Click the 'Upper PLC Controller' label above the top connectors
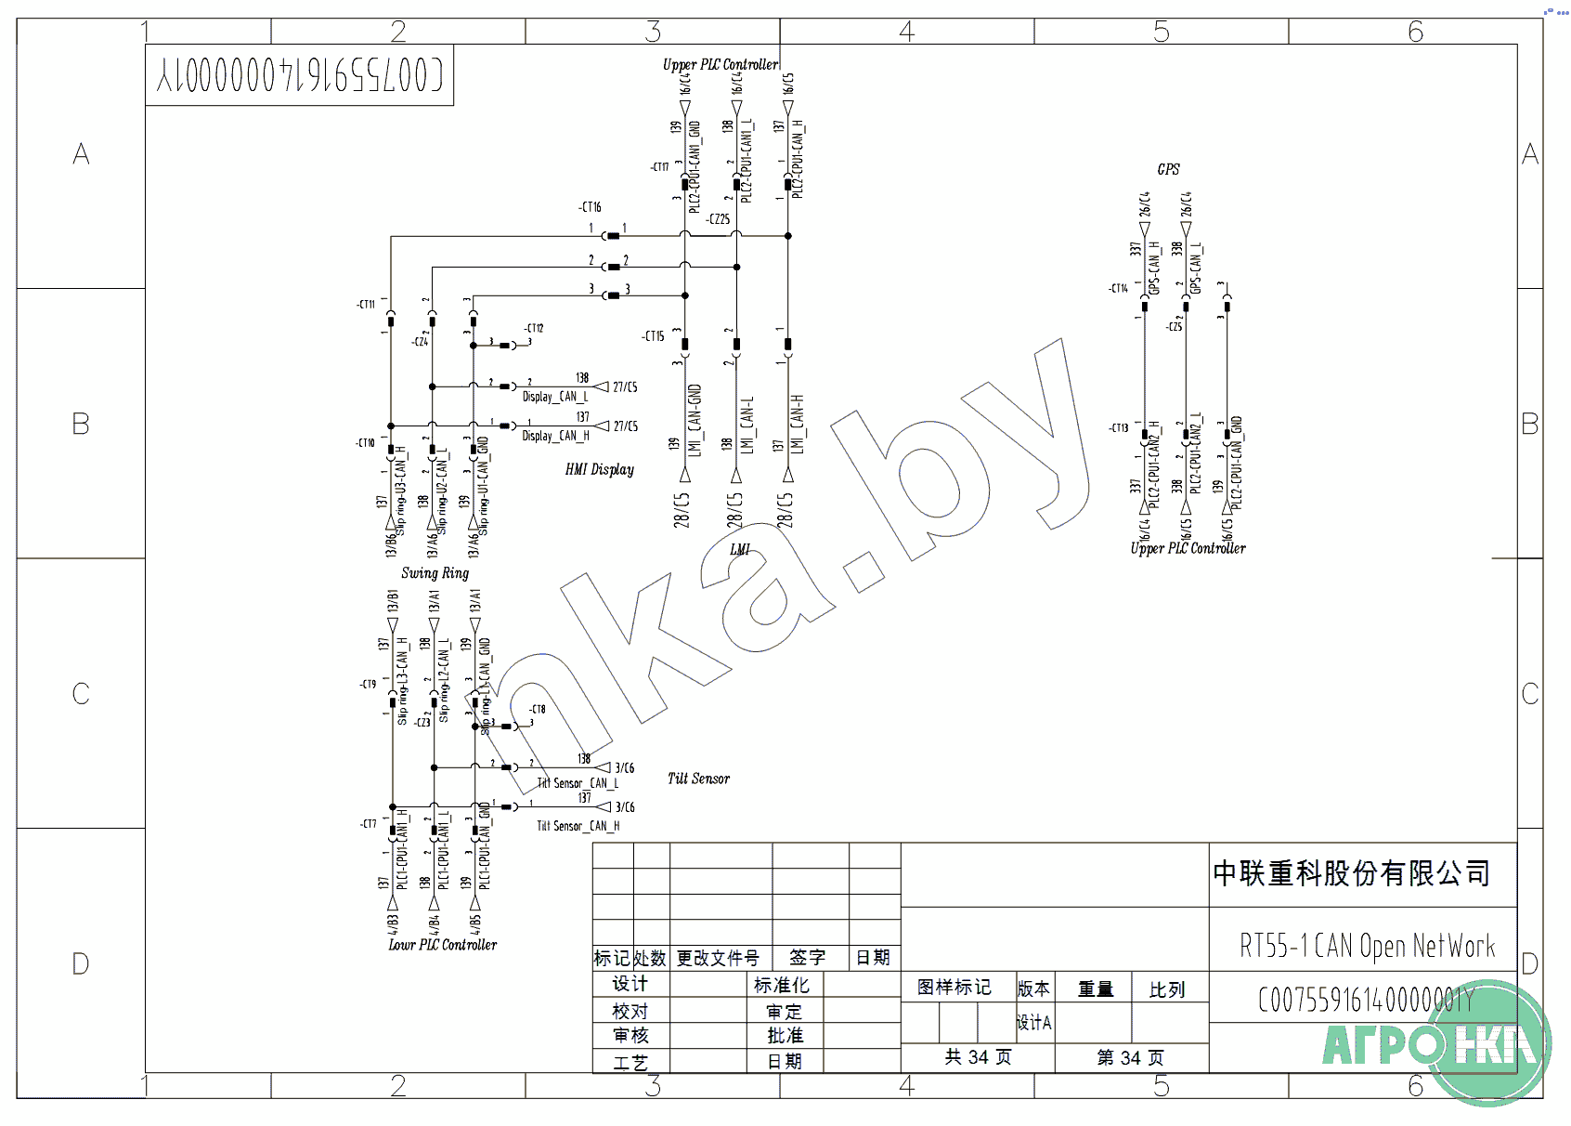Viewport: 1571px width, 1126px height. (x=720, y=64)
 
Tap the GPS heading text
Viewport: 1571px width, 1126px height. (x=1168, y=169)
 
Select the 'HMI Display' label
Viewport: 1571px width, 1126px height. (x=599, y=469)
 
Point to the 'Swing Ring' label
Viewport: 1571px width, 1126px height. (x=435, y=572)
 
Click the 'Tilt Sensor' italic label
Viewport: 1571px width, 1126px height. (x=698, y=779)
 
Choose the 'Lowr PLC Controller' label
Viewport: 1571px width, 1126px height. (x=442, y=945)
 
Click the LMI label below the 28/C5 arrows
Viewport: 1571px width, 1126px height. (x=739, y=549)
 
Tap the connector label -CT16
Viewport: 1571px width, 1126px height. (x=590, y=207)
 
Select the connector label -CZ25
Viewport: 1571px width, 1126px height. (x=718, y=219)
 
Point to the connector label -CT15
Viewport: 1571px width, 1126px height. (x=653, y=336)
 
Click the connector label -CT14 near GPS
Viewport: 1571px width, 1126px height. (x=1118, y=289)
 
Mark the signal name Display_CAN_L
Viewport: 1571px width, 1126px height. (x=555, y=397)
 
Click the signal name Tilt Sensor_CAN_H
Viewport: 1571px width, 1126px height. (x=578, y=826)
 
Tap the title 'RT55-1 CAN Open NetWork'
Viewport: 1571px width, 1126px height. (x=1367, y=946)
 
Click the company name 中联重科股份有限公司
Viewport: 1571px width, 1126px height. (x=1351, y=873)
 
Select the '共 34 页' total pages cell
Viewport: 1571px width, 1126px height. (x=978, y=1057)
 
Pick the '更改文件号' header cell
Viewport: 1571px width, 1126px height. (x=718, y=958)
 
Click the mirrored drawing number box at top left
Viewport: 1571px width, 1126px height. (x=299, y=75)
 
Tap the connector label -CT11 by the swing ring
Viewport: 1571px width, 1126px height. (x=366, y=305)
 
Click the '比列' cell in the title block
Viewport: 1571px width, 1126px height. (x=1166, y=989)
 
